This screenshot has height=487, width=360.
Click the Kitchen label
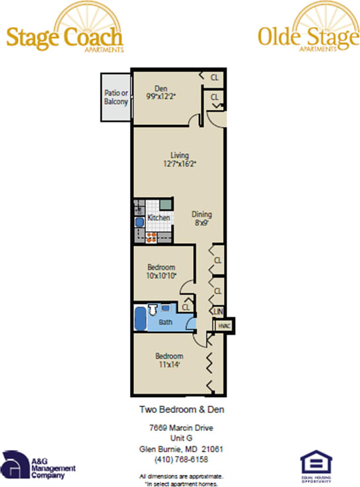click(x=159, y=217)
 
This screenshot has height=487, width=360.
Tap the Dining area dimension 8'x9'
click(x=201, y=223)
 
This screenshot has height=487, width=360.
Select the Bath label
click(x=166, y=322)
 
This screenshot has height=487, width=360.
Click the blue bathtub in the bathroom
click(x=140, y=318)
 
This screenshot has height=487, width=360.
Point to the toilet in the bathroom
click(x=152, y=308)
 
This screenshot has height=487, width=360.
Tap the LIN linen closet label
click(x=217, y=311)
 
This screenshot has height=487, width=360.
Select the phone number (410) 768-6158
click(x=180, y=459)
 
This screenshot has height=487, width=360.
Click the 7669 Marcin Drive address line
click(x=180, y=428)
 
